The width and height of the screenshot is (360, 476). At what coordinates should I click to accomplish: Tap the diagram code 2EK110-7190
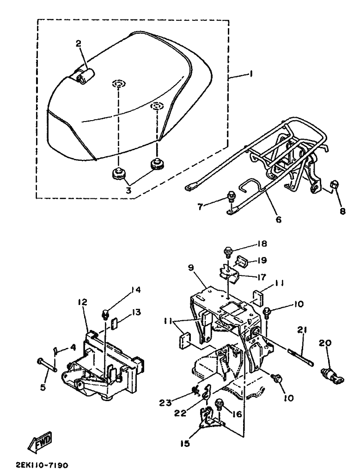40,465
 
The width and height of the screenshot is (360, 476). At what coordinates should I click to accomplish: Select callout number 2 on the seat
78,44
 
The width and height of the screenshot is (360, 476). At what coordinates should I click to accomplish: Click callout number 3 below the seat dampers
128,190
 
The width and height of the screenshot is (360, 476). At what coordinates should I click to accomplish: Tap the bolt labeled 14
105,315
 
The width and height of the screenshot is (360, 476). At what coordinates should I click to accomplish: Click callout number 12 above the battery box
82,302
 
